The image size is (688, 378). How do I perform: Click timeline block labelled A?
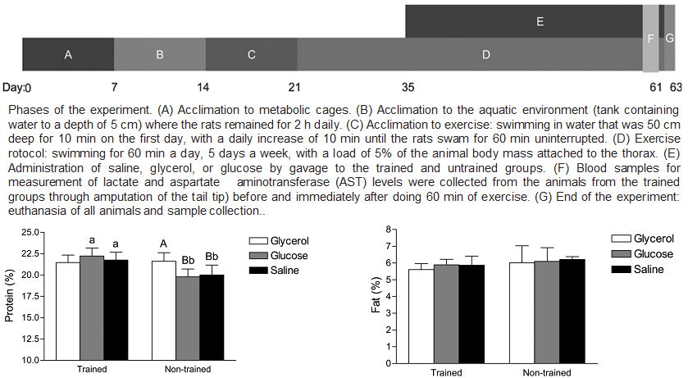[68, 55]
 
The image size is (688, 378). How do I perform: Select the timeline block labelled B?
[160, 55]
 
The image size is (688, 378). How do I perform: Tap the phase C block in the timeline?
[252, 55]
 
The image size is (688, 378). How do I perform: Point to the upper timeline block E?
[539, 21]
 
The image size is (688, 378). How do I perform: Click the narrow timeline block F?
[650, 39]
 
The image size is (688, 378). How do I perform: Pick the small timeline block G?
[669, 39]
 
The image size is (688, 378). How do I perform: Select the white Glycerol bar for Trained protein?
[67, 311]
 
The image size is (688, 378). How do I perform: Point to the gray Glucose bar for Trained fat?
[446, 312]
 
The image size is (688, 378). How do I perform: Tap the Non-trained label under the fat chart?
[546, 372]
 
